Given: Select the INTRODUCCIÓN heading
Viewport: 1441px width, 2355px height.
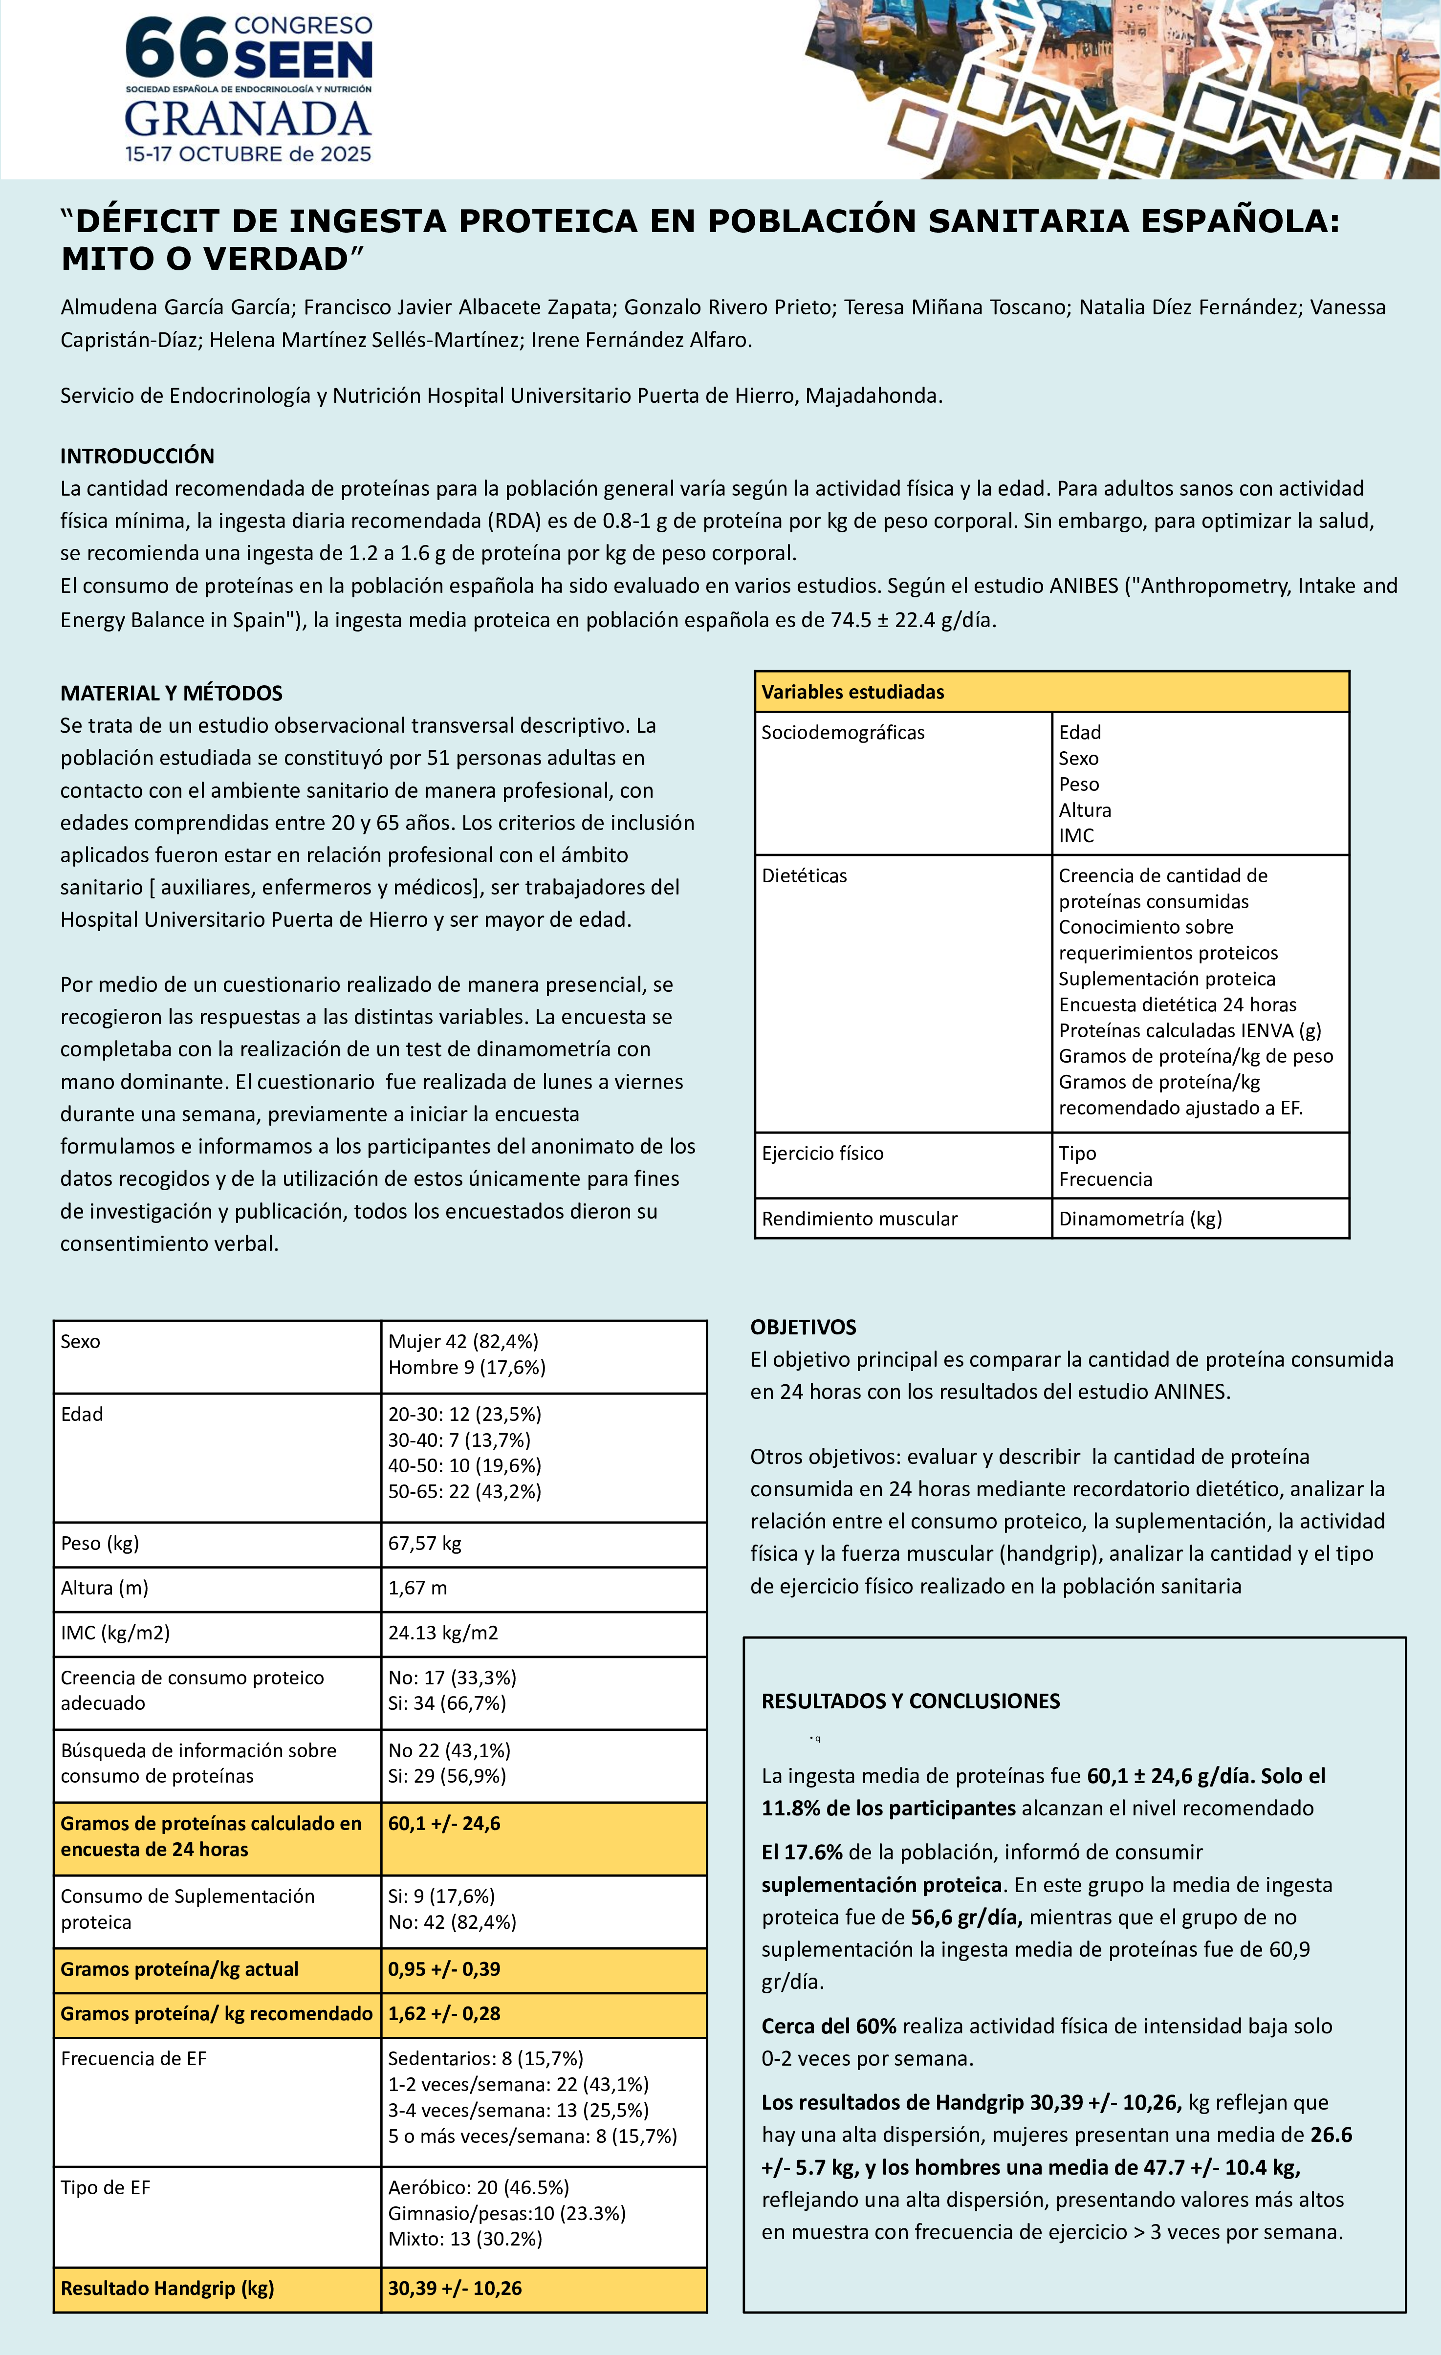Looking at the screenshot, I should click(x=137, y=456).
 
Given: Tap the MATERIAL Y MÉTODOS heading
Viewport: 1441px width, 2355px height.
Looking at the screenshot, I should click(x=171, y=693).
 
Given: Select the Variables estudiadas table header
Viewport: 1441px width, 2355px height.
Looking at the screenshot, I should click(x=852, y=692).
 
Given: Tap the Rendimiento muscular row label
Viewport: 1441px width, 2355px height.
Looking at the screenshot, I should click(x=859, y=1219).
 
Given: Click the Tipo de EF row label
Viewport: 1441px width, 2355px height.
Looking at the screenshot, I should click(x=105, y=2188).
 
